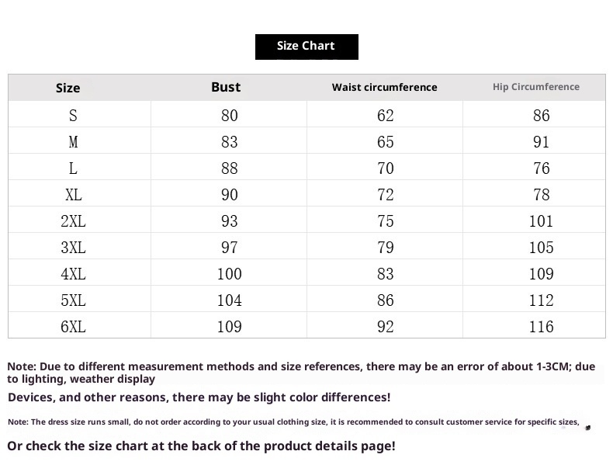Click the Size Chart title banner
click(306, 46)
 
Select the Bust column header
click(226, 87)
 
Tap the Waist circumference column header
click(385, 87)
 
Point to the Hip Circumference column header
click(536, 87)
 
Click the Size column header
click(68, 88)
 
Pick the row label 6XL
click(73, 327)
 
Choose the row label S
click(73, 116)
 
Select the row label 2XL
click(73, 221)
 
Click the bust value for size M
click(229, 142)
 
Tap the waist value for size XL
click(386, 195)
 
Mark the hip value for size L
click(542, 168)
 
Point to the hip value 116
click(542, 327)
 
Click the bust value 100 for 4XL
click(229, 274)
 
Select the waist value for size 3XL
click(386, 248)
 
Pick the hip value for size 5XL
click(542, 300)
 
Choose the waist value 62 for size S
click(386, 116)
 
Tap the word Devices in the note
click(31, 397)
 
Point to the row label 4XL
click(73, 274)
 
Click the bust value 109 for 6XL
click(229, 327)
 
